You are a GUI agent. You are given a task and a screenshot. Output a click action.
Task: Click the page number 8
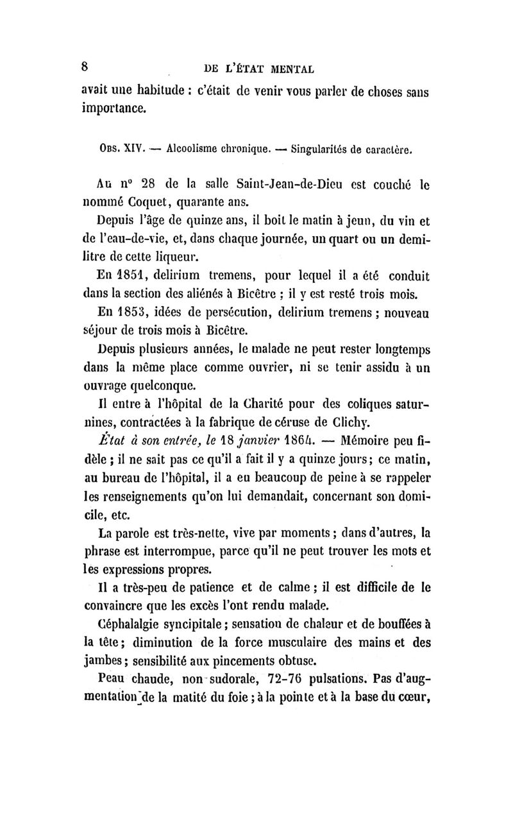coord(84,66)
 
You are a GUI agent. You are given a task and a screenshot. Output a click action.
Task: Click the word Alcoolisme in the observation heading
coord(192,152)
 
